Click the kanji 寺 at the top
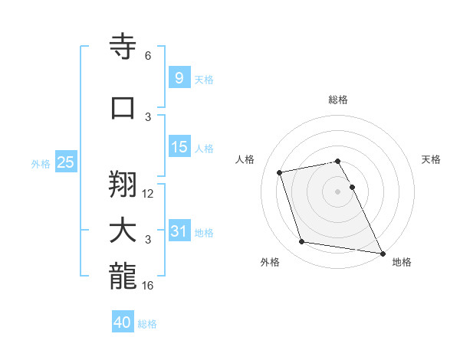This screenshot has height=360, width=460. coord(123,47)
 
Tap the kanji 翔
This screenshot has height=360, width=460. coord(123,184)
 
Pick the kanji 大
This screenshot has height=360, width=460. coord(123,231)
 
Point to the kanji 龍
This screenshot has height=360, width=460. coord(123,276)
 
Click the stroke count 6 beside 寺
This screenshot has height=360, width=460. coord(148,56)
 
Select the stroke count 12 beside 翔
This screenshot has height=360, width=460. coord(148,194)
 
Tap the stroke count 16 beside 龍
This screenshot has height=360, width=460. coord(148,286)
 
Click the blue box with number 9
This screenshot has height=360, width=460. coord(179,78)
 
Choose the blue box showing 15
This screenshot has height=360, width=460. coord(179,148)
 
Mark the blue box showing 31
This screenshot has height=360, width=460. coord(179,231)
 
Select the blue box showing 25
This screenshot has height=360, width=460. coord(65,162)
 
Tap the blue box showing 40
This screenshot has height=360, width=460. coord(123,322)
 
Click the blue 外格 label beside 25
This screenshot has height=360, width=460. coord(41,163)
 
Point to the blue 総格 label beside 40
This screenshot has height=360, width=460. coord(147,324)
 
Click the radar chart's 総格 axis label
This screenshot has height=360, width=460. coord(337,100)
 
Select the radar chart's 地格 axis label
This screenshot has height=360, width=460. coord(402,262)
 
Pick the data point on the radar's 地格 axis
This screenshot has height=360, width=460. coord(381,252)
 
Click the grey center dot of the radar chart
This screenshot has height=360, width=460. coord(337,191)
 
